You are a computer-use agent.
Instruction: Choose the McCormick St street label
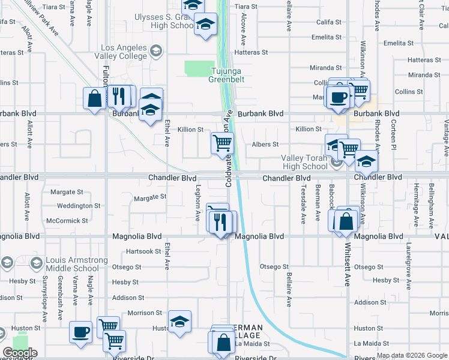pyautogui.click(x=67, y=221)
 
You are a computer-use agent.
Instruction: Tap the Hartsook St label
pyautogui.click(x=143, y=251)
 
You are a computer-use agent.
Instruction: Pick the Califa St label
pyautogui.click(x=329, y=22)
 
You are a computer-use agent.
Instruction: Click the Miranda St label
pyautogui.click(x=325, y=68)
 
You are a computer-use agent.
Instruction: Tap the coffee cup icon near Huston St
pyautogui.click(x=80, y=332)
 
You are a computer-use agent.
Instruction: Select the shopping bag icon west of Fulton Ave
pyautogui.click(x=95, y=98)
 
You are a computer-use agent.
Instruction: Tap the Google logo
pyautogui.click(x=20, y=353)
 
